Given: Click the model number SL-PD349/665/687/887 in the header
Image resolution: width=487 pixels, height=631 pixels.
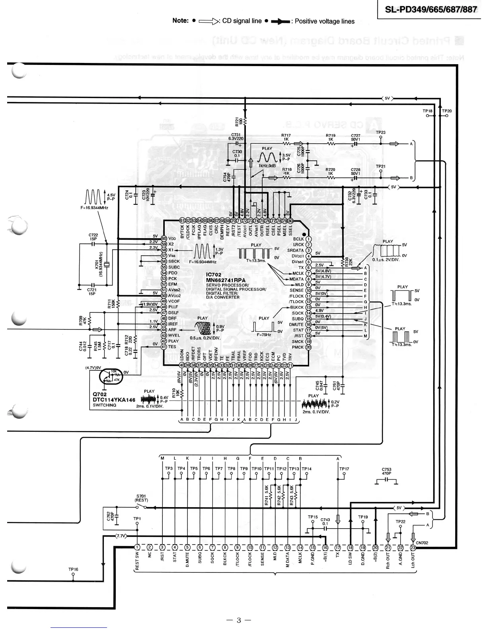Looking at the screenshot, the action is (431, 9).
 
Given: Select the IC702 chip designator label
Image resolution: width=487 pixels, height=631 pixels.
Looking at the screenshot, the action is (214, 275).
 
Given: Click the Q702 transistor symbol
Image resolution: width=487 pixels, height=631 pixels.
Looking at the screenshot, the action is (109, 376).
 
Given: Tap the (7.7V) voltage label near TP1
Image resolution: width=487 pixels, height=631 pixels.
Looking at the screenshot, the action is (121, 537).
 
